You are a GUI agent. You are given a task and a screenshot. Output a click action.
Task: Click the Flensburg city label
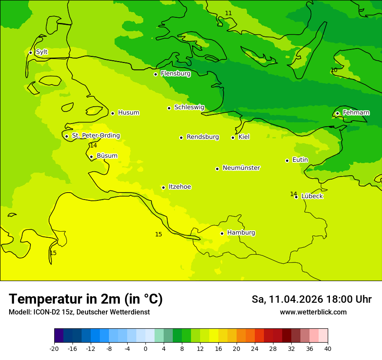[175, 74]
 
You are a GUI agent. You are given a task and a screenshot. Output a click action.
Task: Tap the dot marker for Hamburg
[222, 233]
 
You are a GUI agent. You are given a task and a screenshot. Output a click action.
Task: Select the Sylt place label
[42, 52]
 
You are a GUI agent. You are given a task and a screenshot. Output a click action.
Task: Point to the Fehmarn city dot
[337, 113]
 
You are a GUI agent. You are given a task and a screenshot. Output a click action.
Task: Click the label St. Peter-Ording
[95, 136]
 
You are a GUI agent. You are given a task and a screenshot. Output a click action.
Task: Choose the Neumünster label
[241, 168]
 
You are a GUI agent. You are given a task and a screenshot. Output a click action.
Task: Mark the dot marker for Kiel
[233, 137]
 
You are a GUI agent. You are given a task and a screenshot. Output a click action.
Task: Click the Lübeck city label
[312, 196]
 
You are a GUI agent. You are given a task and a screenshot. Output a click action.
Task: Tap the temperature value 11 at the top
[228, 13]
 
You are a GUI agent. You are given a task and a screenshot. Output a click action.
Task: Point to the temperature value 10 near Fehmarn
[334, 70]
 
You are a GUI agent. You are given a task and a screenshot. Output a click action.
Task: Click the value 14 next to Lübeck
[293, 194]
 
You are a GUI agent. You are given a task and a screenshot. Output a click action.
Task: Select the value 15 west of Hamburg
[158, 234]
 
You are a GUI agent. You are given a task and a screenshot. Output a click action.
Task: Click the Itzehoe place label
[180, 187]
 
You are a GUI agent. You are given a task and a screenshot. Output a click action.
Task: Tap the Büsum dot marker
[91, 157]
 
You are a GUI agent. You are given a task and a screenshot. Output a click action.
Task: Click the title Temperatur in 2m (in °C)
[86, 299]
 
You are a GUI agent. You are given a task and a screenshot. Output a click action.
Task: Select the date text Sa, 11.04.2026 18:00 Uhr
[311, 299]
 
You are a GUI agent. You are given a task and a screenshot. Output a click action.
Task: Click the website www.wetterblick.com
[313, 312]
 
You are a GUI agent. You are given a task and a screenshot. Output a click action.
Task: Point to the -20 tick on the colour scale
[54, 349]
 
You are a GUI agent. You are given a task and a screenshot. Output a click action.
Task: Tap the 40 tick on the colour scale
[328, 349]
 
